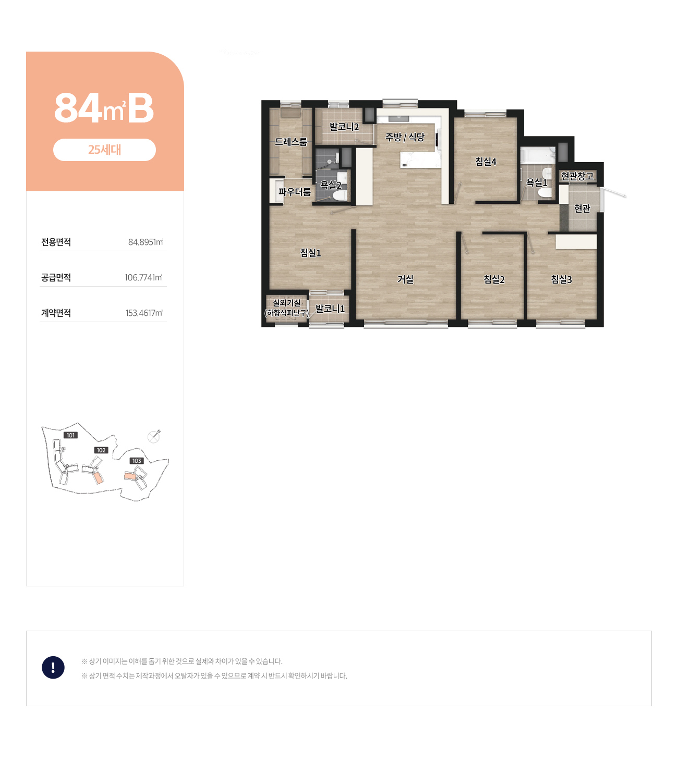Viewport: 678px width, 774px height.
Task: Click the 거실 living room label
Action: coord(405,279)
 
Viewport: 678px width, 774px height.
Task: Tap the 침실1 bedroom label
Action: coord(310,253)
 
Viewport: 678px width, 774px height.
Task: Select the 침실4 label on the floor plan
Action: coord(486,162)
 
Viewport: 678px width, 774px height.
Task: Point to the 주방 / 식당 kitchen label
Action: coord(405,137)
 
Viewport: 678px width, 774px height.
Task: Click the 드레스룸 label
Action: coord(290,142)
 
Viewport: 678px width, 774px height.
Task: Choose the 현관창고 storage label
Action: coord(577,176)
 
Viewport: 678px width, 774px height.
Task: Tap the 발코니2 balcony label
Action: coord(344,127)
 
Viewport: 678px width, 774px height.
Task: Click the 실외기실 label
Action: coord(286,303)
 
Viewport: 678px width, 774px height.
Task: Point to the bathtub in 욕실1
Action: coord(538,155)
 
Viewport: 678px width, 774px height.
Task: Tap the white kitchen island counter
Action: coord(420,159)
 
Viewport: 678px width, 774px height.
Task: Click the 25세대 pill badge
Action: coord(104,150)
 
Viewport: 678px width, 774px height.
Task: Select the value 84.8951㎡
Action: coord(146,242)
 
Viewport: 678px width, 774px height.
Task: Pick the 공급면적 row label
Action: coord(56,277)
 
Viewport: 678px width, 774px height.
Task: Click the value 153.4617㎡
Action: coord(144,313)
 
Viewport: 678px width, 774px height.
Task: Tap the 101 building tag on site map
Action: coord(71,435)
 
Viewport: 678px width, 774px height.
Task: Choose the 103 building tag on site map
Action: coord(137,461)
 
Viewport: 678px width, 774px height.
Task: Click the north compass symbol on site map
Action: coord(154,437)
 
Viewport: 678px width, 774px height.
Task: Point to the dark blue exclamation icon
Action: coord(53,667)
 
